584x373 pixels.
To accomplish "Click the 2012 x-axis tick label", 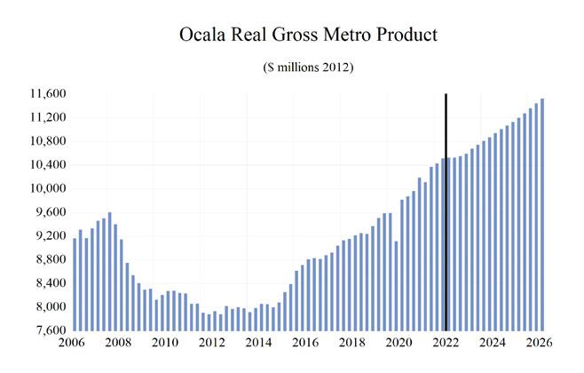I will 211,342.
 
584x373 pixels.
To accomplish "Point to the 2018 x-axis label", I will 351,342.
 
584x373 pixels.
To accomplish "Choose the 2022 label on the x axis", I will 446,342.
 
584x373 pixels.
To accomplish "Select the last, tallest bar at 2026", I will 542,213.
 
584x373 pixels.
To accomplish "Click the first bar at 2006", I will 75,284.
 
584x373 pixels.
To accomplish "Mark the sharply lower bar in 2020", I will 396,284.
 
